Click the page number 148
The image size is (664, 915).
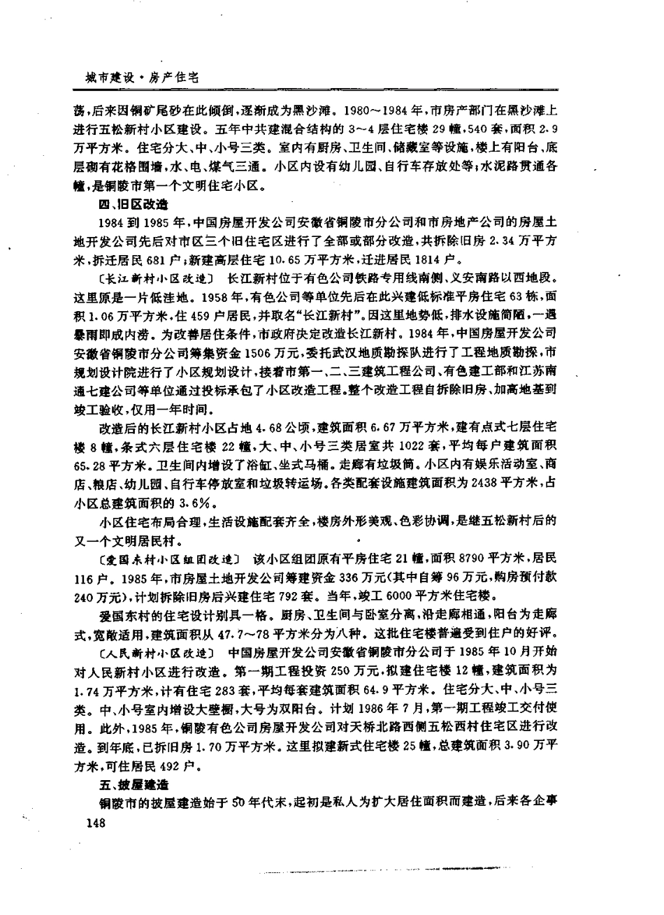click(x=92, y=824)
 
